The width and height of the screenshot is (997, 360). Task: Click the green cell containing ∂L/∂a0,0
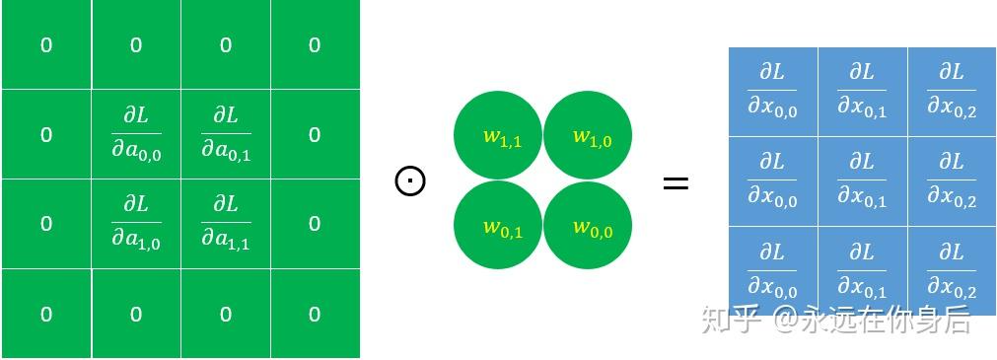point(136,134)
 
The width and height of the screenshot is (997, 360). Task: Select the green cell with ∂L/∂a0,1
point(226,134)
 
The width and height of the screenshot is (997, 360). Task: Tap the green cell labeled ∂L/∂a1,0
point(136,224)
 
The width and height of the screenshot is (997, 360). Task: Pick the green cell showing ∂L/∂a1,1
point(226,224)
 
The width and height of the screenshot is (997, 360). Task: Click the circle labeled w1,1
point(498,136)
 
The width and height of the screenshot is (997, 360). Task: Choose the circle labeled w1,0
point(588,136)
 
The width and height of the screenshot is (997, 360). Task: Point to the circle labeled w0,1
point(498,226)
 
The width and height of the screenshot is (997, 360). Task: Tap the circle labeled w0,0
point(588,226)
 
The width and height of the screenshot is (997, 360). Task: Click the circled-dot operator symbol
point(410,181)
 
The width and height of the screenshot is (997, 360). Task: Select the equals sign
point(676,183)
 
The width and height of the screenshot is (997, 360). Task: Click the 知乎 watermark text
point(732,319)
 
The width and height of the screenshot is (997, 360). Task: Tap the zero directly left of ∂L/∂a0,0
point(46,135)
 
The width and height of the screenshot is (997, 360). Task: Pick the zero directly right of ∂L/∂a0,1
point(315,135)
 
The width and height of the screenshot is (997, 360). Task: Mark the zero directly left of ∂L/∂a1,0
point(46,224)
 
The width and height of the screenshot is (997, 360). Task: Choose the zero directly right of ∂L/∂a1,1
point(315,224)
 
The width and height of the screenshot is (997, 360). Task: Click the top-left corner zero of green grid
point(46,45)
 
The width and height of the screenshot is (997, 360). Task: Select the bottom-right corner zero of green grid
point(315,315)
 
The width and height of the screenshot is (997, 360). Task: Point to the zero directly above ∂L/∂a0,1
point(226,45)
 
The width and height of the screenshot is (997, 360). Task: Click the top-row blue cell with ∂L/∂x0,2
point(952,92)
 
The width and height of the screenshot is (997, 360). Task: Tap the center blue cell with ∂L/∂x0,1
point(862,181)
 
